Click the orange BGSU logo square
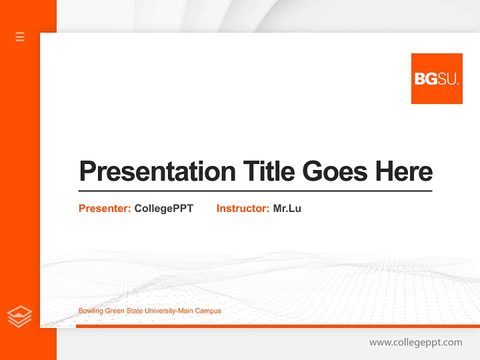coord(436,78)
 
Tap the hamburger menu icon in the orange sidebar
coord(20,36)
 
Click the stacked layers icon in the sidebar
coord(19,316)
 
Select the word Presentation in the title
coord(157,171)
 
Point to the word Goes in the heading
coord(335,171)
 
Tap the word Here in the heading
coord(404,171)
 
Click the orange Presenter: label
coord(104,208)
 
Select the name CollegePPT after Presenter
coord(163,208)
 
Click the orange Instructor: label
coord(242,208)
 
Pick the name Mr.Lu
coord(287,208)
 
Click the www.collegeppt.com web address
coord(415,342)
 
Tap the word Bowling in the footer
coord(90,311)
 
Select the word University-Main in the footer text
coord(168,311)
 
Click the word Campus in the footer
coord(208,311)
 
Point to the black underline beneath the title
coord(255,191)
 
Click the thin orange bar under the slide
coord(277,326)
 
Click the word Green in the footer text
coord(114,311)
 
